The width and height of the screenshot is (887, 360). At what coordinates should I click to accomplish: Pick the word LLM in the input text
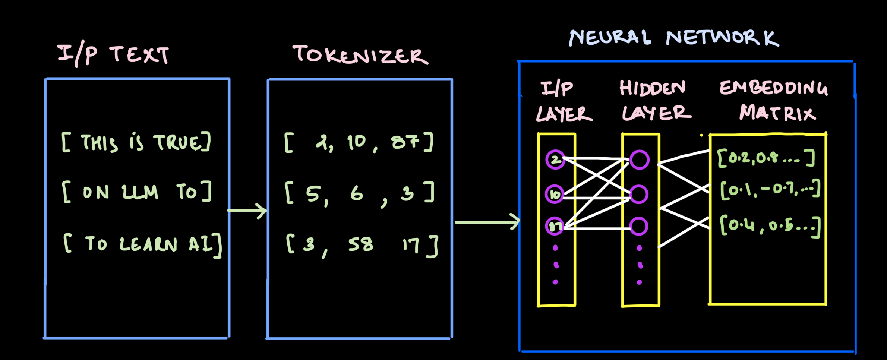click(140, 192)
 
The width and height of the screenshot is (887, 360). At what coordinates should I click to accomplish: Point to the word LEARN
click(148, 244)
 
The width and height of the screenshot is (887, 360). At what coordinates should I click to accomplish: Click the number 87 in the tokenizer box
click(405, 142)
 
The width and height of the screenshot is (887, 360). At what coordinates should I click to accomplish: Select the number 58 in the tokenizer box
click(360, 244)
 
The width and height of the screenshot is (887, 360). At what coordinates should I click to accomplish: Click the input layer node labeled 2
click(555, 160)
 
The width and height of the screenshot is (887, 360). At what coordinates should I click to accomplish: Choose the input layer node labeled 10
click(555, 194)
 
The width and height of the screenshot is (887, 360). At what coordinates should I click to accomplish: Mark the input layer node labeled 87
click(555, 226)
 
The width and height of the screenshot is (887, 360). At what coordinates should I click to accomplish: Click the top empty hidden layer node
click(640, 160)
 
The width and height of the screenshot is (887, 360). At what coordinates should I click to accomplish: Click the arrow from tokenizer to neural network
click(487, 222)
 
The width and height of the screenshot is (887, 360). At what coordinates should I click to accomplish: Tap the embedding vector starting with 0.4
click(770, 225)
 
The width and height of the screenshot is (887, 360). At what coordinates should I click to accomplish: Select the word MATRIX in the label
click(777, 113)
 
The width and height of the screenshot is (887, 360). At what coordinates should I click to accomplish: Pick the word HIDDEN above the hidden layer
click(652, 88)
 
